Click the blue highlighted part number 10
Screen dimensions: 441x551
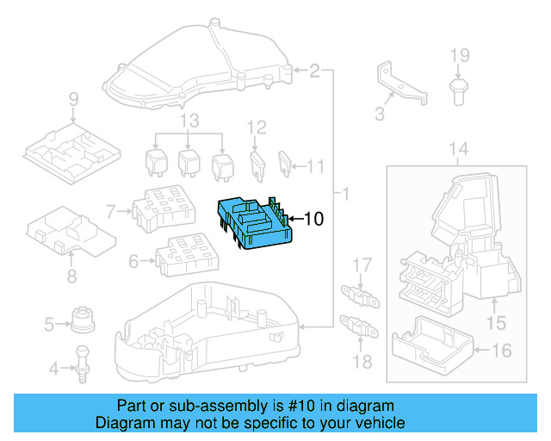[x=253, y=223]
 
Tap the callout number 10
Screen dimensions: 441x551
[x=313, y=220]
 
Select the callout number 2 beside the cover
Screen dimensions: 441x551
[x=315, y=70]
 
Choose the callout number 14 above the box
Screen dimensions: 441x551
[x=460, y=150]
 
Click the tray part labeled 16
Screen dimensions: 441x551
[x=430, y=341]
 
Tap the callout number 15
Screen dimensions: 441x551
[x=496, y=323]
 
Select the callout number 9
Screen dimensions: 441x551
[x=73, y=98]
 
